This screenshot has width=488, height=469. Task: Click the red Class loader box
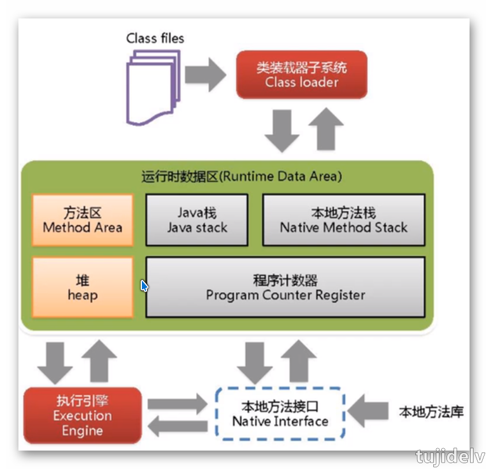tap(302, 74)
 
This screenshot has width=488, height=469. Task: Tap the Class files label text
tap(155, 39)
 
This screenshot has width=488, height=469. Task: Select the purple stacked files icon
tap(152, 86)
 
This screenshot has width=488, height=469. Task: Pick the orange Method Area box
tap(82, 220)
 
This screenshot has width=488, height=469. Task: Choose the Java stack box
tap(197, 220)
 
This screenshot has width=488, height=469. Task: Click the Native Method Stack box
tap(343, 220)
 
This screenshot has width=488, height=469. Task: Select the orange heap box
tap(82, 288)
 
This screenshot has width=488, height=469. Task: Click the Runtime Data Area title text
tap(241, 176)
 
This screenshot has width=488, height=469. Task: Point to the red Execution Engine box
tap(82, 415)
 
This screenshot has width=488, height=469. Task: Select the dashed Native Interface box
tap(280, 414)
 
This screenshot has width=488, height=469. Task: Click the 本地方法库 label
tap(431, 412)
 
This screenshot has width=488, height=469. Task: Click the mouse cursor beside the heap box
tap(144, 285)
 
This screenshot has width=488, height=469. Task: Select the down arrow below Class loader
tap(281, 130)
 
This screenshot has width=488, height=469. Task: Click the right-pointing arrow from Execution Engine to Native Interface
tap(177, 403)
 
